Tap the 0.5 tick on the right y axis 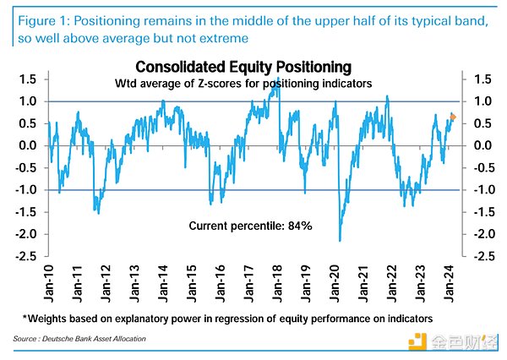coord(482,123)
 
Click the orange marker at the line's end coord(454,117)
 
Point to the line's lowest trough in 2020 coord(340,240)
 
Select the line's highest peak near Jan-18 coord(279,79)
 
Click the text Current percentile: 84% coord(239,226)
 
